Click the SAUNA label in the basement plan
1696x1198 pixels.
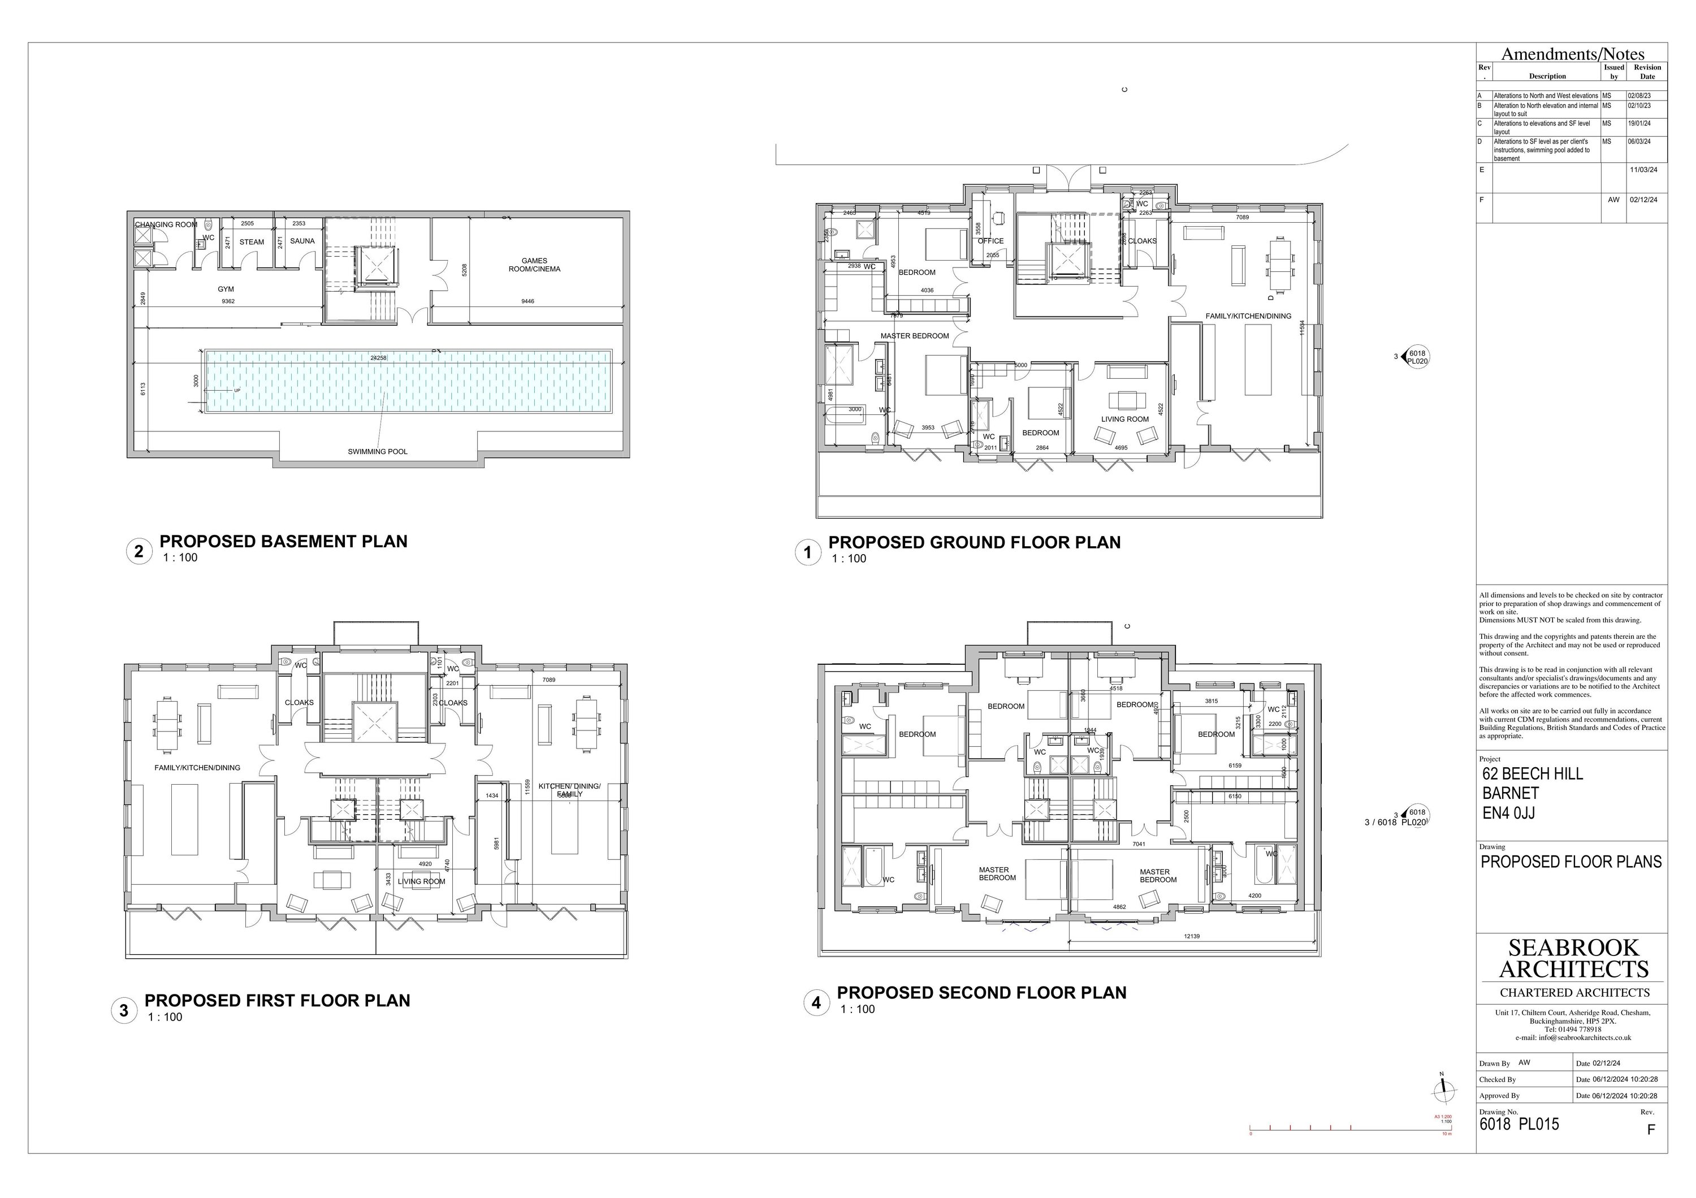click(x=302, y=241)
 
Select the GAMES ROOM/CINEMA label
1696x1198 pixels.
click(x=534, y=265)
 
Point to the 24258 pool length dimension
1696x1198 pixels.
click(x=378, y=357)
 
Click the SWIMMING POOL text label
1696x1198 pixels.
click(x=378, y=451)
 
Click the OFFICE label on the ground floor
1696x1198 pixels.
click(x=990, y=241)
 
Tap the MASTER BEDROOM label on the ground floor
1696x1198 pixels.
click(x=915, y=336)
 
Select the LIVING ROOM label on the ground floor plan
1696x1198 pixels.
click(x=1125, y=419)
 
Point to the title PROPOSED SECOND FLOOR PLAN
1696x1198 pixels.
click(x=981, y=993)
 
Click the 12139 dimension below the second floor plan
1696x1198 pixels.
click(x=1192, y=937)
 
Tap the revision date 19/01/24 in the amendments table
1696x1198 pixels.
click(x=1638, y=124)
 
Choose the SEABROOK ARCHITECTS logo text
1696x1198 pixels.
click(x=1573, y=958)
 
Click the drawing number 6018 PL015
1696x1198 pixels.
click(x=1518, y=1124)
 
